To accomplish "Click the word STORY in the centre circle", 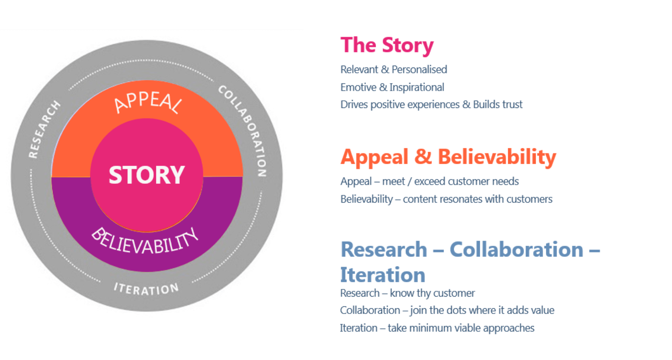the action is (147, 175).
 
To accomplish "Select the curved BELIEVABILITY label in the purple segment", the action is (145, 242).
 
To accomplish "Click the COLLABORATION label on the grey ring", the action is (244, 130).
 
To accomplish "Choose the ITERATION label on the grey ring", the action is (146, 289).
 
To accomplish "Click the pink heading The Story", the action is (387, 45).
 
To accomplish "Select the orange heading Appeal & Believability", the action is (448, 157).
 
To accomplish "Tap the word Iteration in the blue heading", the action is (382, 275).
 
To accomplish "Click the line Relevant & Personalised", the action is (394, 69).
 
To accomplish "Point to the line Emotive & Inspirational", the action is (392, 87).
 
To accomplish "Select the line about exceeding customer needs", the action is (430, 182).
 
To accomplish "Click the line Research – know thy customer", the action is (407, 293).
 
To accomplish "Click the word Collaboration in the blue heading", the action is (516, 249).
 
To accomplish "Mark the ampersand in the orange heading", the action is (423, 157).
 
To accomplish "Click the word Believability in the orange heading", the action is (497, 157).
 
